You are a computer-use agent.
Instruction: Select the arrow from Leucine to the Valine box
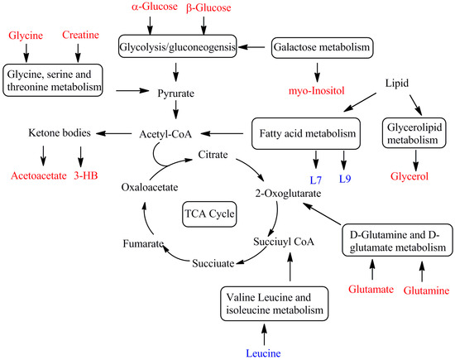pyautogui.click(x=265, y=332)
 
